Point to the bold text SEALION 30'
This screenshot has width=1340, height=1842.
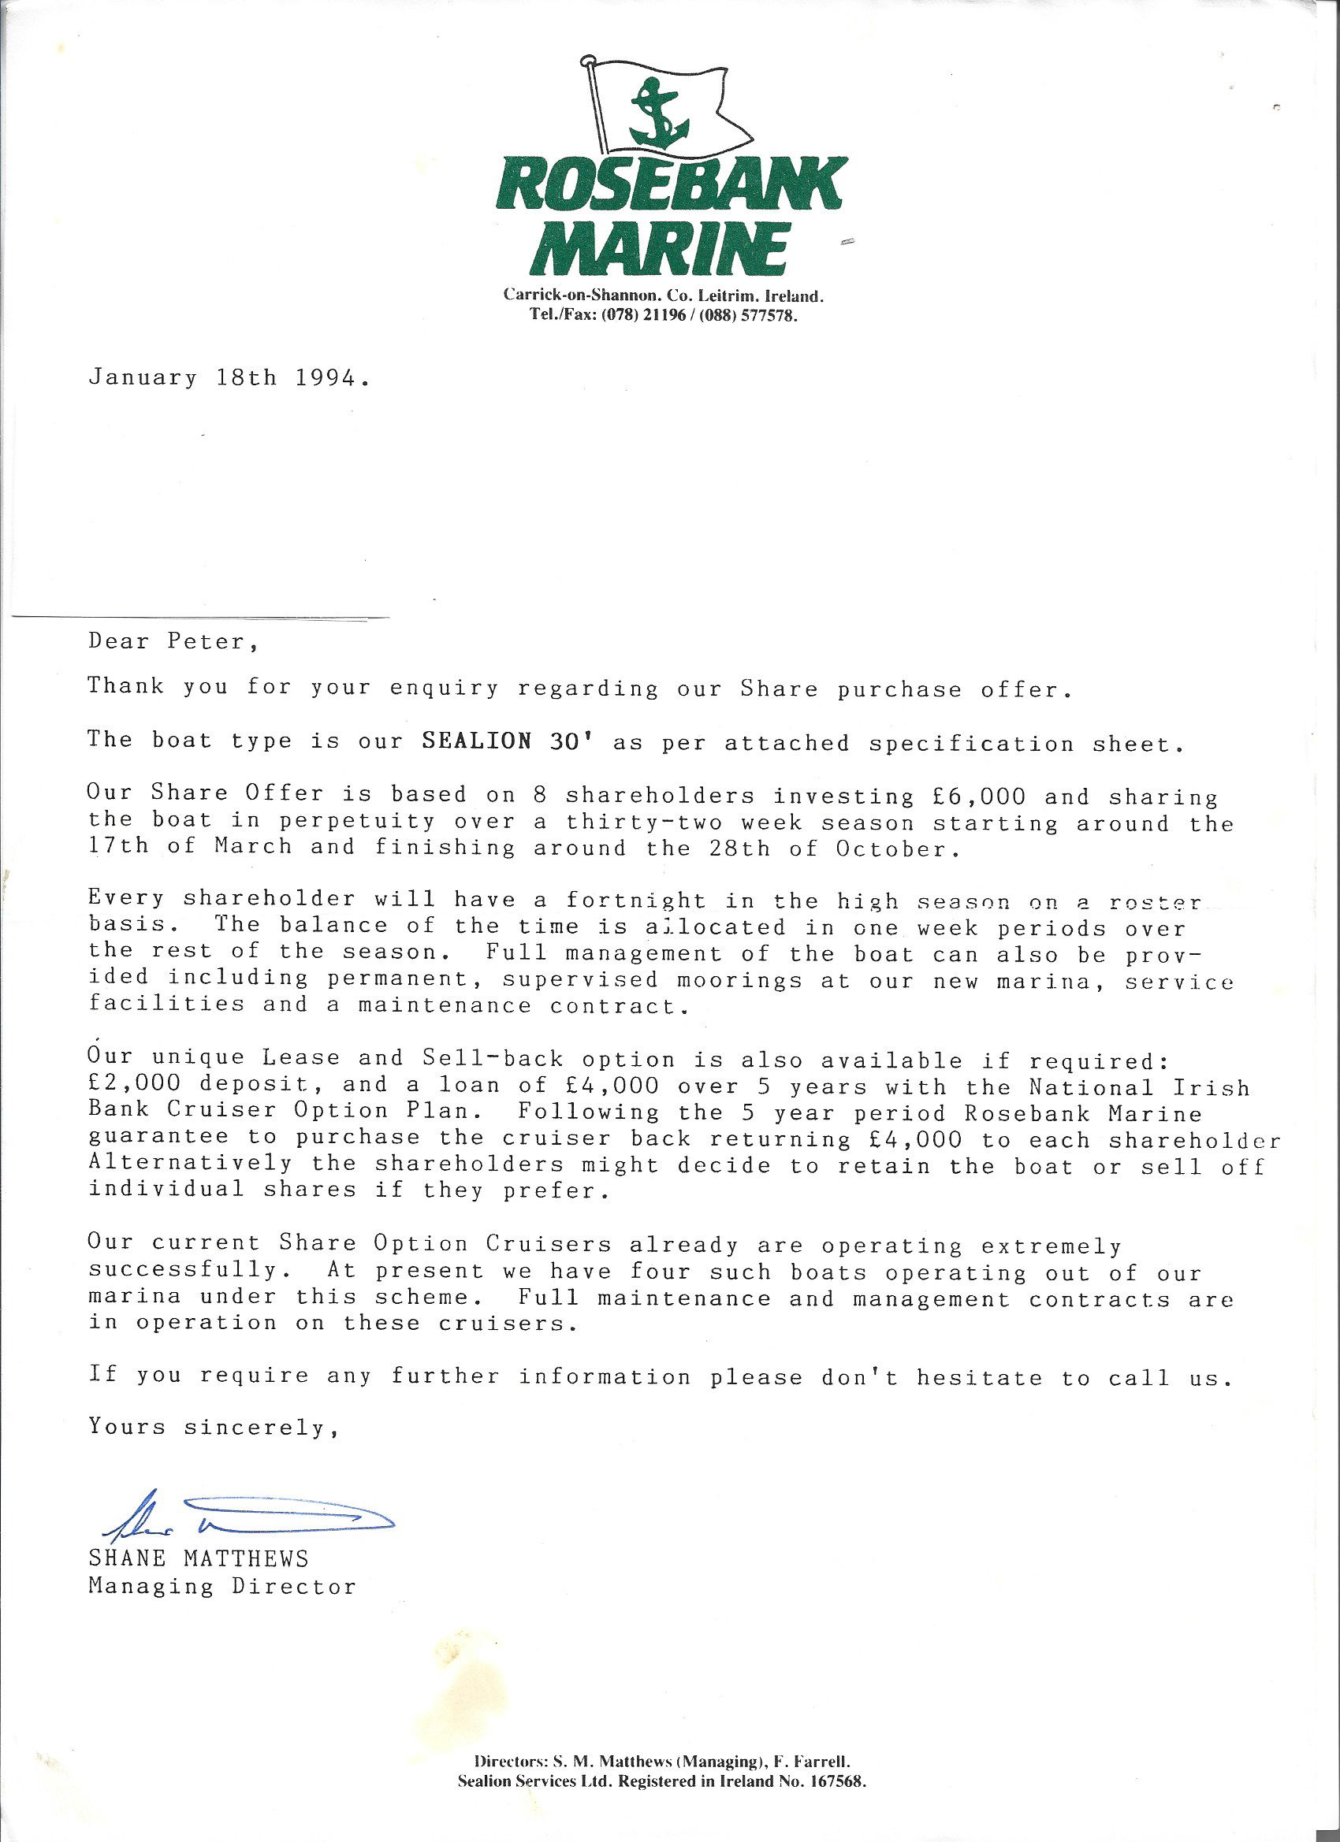pyautogui.click(x=509, y=741)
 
